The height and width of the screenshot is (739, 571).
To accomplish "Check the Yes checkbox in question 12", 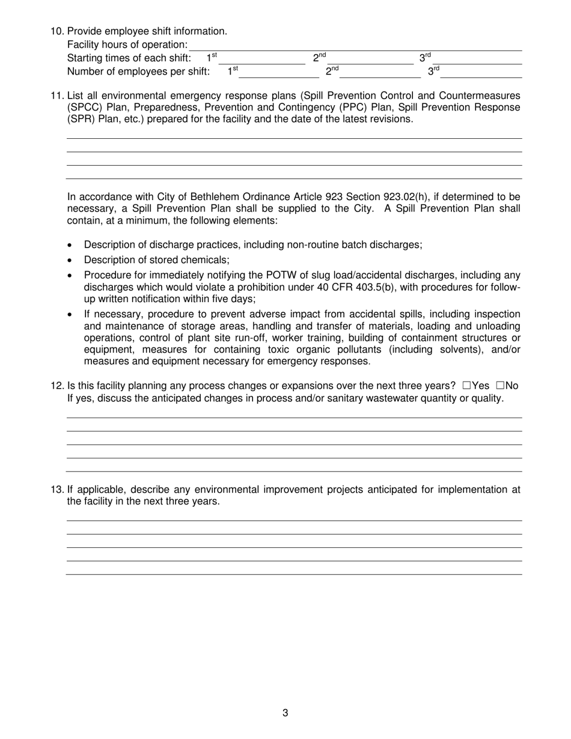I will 467,386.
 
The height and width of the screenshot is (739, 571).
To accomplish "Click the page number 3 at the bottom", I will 285,713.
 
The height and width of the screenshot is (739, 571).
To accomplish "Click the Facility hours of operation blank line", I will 355,46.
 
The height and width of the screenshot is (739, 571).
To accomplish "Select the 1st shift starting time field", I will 261,59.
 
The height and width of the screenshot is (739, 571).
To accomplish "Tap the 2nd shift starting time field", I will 370,59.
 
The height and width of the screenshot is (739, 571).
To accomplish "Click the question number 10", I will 57,31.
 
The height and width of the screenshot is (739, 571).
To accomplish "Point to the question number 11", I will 57,96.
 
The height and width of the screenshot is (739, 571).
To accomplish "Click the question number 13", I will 57,490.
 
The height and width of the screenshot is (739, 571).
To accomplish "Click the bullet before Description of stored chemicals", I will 72,261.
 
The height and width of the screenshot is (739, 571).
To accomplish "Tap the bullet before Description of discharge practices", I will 72,245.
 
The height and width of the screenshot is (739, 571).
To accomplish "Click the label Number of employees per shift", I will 138,72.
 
